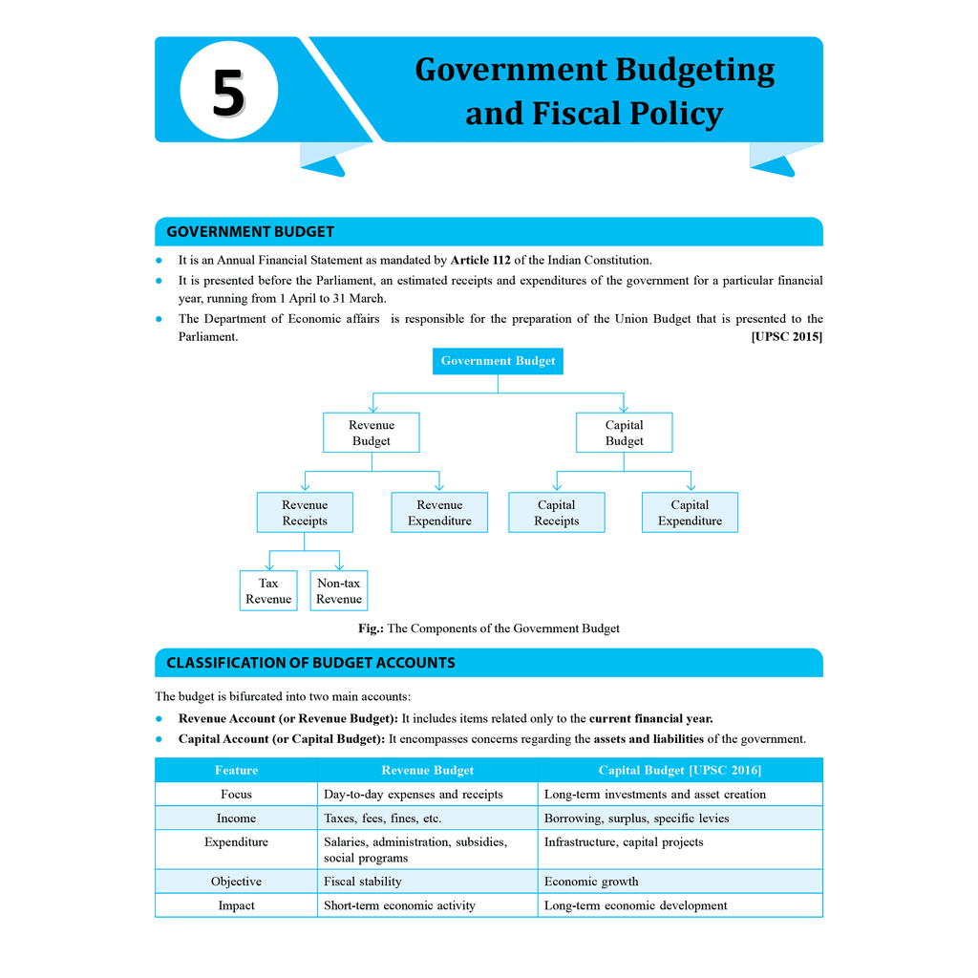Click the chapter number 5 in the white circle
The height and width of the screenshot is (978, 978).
pos(228,93)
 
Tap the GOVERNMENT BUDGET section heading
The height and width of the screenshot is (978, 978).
pos(250,232)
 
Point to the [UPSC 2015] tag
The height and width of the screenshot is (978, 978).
pos(786,336)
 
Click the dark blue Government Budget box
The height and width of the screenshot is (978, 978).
pos(498,361)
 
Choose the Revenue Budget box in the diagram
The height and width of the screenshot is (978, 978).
pos(372,433)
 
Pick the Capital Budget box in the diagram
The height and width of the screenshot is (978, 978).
pos(624,433)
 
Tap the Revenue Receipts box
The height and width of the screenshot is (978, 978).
pos(305,513)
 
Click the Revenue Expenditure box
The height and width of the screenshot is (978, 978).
pos(439,513)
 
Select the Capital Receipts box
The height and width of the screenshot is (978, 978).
pos(557,513)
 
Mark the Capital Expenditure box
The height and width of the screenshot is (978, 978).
pos(690,513)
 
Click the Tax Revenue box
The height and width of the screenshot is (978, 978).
pos(268,591)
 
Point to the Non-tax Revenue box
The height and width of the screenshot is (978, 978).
pos(339,591)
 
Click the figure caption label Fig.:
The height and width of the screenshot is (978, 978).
pos(371,628)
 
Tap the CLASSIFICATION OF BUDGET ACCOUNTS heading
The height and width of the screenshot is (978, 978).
pos(310,663)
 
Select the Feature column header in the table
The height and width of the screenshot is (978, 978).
pos(236,770)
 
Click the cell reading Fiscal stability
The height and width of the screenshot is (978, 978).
pos(363,882)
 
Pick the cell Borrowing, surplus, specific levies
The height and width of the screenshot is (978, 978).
pos(636,819)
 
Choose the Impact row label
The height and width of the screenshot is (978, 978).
pos(236,905)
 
